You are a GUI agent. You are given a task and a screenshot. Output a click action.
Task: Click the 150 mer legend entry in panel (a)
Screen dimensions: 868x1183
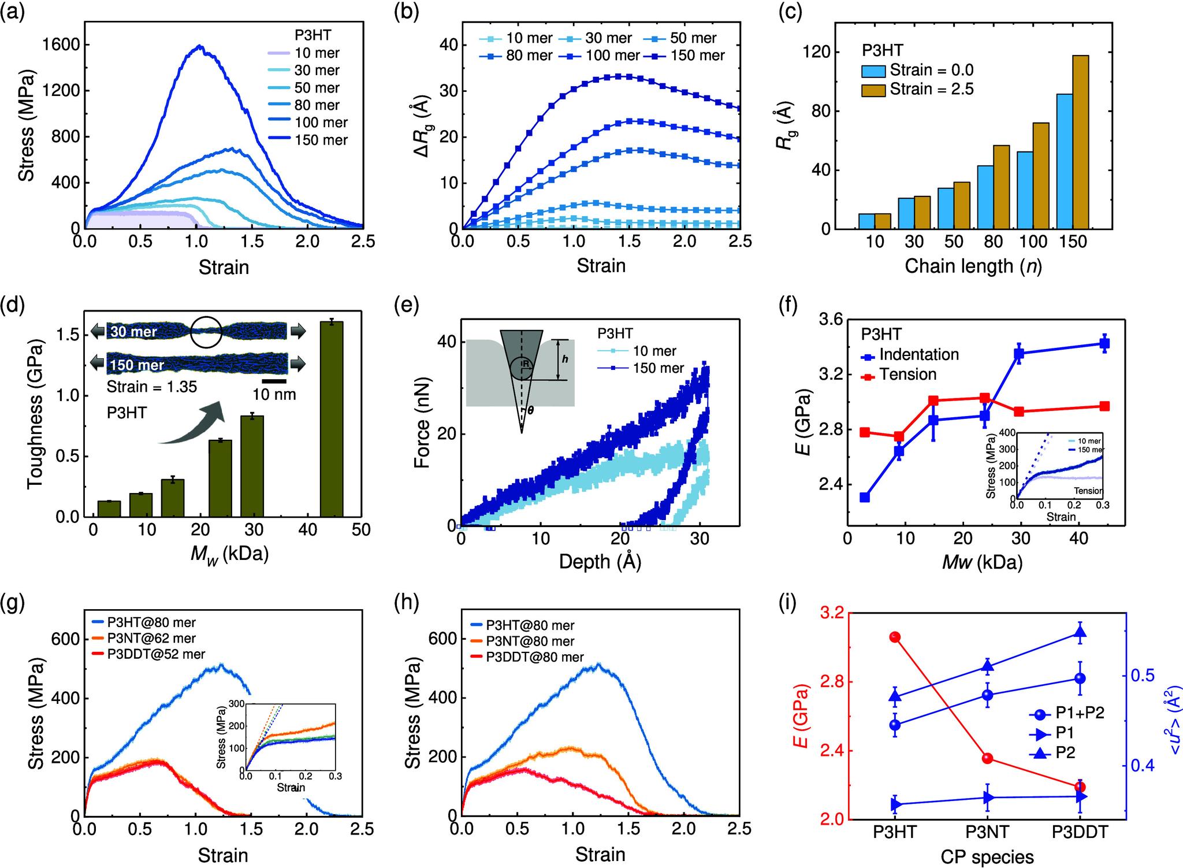click(321, 140)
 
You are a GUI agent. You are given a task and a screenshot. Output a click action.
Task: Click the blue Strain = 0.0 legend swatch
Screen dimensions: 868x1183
click(873, 71)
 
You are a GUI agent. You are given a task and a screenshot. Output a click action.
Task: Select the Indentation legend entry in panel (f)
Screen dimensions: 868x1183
click(918, 355)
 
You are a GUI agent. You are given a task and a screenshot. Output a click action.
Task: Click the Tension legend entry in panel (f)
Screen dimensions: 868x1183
click(907, 374)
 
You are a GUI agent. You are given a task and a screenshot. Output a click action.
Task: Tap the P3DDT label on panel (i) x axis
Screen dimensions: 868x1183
click(1080, 832)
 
